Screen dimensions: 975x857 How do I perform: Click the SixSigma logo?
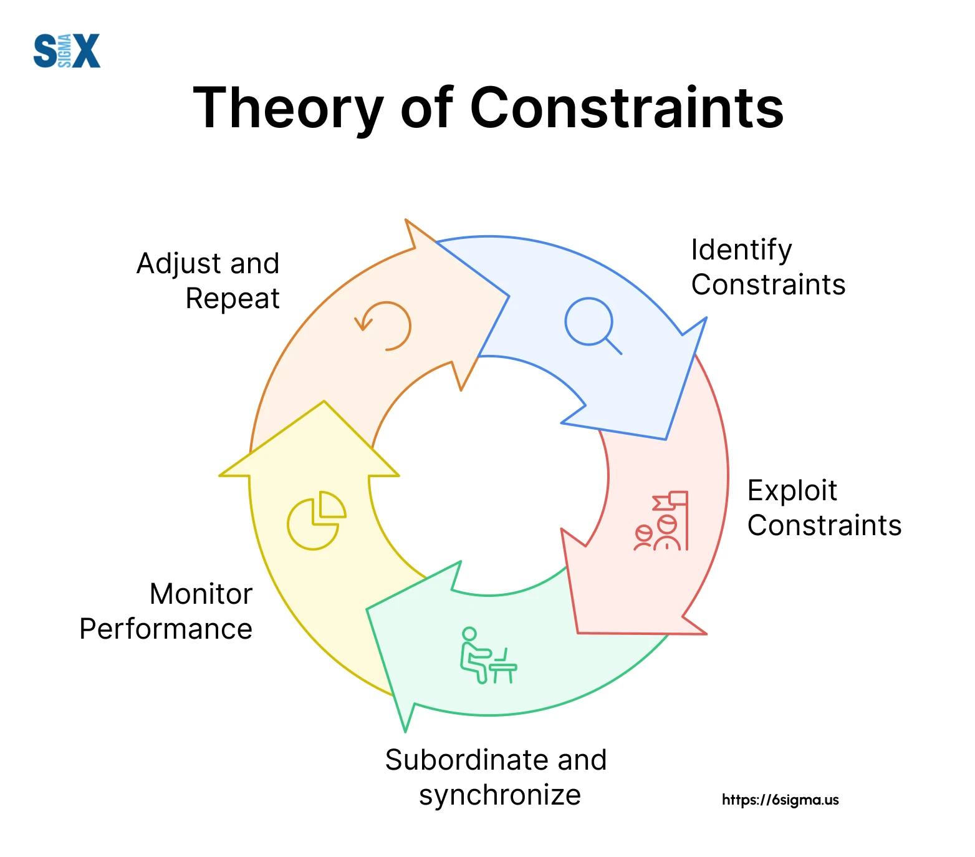[x=67, y=51]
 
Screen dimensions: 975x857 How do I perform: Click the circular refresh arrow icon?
[x=383, y=326]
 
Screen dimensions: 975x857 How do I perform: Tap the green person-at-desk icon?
[x=489, y=655]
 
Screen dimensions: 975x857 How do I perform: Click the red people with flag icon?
[x=661, y=521]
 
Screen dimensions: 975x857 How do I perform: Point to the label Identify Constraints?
[x=768, y=267]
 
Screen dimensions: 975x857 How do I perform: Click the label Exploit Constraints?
[x=824, y=508]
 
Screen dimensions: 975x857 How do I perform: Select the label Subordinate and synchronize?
[x=496, y=777]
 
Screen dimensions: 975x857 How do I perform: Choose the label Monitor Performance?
[x=166, y=611]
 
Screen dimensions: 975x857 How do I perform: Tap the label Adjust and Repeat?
[x=208, y=281]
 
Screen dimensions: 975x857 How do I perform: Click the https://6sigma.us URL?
[x=780, y=800]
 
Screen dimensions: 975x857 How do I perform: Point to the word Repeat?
[x=233, y=299]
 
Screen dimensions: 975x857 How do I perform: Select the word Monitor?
[x=201, y=594]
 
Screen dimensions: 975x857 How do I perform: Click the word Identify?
[x=741, y=251]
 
